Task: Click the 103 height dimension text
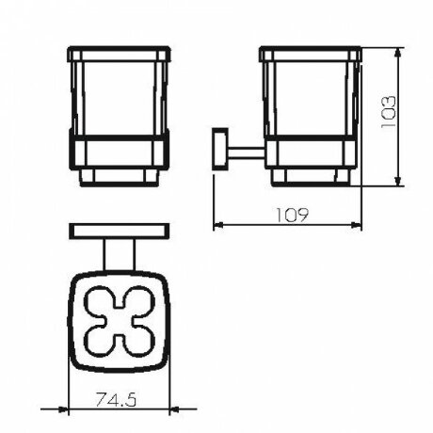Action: pos(388,112)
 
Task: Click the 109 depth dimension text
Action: pos(292,215)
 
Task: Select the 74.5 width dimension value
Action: pos(116,399)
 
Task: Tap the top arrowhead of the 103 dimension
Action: pos(397,53)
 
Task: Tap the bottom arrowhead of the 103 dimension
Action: pos(397,180)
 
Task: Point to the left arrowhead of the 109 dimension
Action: pos(218,225)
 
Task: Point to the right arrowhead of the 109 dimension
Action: pos(357,225)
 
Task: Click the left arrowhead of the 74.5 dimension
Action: pos(63,409)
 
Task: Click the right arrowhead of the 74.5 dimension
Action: pos(174,409)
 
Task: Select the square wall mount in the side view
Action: pos(220,149)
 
